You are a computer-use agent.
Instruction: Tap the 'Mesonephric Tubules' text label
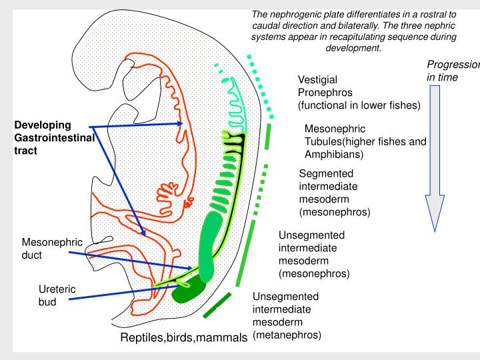(x=365, y=141)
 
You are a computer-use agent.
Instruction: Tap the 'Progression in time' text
(x=453, y=71)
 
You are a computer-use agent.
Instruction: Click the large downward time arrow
(x=435, y=160)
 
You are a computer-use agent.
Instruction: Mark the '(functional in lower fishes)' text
(x=358, y=106)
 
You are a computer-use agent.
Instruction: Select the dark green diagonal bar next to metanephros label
(x=217, y=305)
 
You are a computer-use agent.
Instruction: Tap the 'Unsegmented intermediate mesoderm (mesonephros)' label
(x=311, y=254)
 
